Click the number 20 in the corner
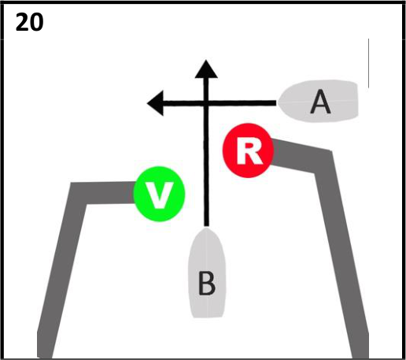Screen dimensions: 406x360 29,23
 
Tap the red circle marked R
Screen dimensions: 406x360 248,150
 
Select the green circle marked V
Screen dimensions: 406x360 160,194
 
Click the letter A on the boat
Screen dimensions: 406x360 320,102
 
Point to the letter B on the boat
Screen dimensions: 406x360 207,284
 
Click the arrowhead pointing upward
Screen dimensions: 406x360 206,69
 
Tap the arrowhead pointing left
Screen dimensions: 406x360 155,103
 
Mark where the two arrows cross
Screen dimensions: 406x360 206,103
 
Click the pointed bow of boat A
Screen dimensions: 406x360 279,102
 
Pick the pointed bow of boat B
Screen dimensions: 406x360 207,228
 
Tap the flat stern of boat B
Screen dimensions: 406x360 208,317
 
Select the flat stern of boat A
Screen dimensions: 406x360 357,101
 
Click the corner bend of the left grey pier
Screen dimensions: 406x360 78,193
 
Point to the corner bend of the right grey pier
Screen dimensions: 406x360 323,161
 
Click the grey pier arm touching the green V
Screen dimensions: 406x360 105,193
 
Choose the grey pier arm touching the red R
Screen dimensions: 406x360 301,155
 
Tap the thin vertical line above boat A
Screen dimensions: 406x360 368,63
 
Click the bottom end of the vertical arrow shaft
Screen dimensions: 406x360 207,225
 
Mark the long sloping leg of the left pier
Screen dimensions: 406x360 62,270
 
